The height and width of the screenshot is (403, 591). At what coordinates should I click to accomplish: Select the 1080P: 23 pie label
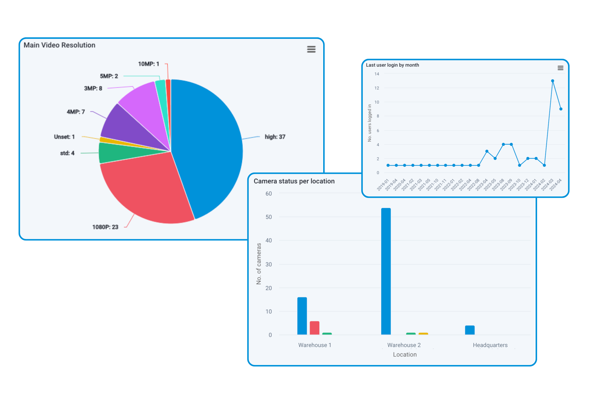105,227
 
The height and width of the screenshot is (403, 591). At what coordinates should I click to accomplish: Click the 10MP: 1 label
148,64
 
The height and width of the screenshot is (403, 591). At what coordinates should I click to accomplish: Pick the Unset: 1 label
64,137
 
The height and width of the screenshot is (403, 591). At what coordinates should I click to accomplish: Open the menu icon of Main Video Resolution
311,49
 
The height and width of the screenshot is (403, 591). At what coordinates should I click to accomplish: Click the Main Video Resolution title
59,45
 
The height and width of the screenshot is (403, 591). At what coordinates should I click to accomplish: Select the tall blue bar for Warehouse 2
386,271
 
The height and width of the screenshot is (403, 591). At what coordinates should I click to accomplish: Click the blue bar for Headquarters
470,330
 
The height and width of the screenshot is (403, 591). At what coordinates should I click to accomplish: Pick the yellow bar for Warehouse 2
423,334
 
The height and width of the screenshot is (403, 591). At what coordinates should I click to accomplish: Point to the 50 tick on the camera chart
269,217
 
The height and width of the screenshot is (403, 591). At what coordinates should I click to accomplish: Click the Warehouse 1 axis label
315,345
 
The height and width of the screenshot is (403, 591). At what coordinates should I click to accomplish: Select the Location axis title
405,354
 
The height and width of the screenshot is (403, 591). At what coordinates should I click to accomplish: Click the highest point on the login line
552,81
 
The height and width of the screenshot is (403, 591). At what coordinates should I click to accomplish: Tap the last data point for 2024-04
561,109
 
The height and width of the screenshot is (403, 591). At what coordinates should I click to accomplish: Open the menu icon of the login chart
560,68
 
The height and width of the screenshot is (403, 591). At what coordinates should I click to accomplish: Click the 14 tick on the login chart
377,74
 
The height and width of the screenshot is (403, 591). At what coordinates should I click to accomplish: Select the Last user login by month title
392,65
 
